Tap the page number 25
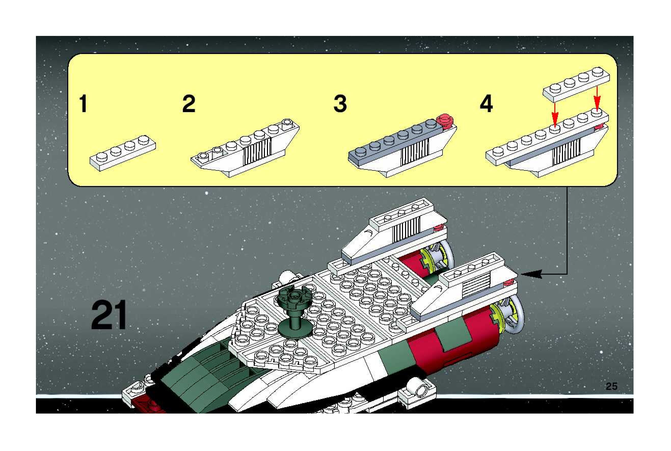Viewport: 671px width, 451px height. point(611,386)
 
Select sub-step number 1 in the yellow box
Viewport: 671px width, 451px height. point(83,104)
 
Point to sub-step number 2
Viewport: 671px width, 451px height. point(189,104)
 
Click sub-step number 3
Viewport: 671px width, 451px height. point(340,104)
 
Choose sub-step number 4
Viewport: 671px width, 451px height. point(486,104)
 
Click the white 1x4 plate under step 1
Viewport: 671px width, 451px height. point(123,154)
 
